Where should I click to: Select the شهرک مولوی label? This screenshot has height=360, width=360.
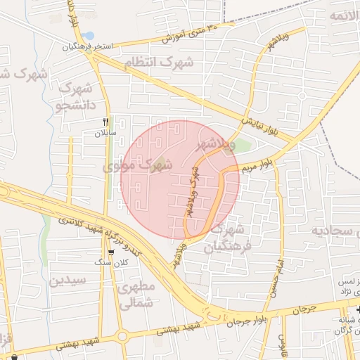click(137, 167)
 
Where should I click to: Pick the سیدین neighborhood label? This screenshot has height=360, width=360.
click(67, 280)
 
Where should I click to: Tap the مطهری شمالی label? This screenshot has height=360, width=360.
click(136, 296)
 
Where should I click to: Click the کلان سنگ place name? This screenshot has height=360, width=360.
click(112, 263)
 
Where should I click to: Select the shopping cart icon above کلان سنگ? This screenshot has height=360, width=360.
click(111, 252)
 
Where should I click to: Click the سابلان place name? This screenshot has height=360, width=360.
click(106, 132)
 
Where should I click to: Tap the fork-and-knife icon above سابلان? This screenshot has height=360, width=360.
click(106, 122)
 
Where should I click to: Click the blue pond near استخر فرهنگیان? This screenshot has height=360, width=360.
click(88, 35)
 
